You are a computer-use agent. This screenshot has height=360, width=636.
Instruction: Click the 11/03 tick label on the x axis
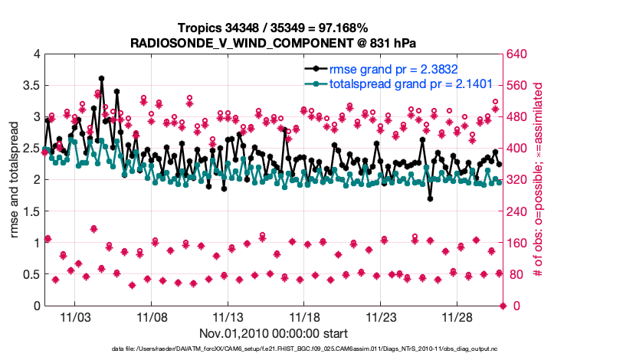point(75,317)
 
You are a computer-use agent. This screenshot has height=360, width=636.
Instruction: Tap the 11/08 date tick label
point(152,317)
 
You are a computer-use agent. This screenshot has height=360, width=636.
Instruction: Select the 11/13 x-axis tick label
point(228,317)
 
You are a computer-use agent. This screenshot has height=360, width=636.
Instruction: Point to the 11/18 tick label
point(305,317)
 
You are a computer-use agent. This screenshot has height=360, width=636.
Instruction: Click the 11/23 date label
point(382,317)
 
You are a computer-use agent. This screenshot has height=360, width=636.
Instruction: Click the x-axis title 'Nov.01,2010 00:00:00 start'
point(274,333)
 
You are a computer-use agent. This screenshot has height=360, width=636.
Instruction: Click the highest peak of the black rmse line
point(101,78)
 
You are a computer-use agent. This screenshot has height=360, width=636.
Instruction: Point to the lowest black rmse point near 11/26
point(431,198)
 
